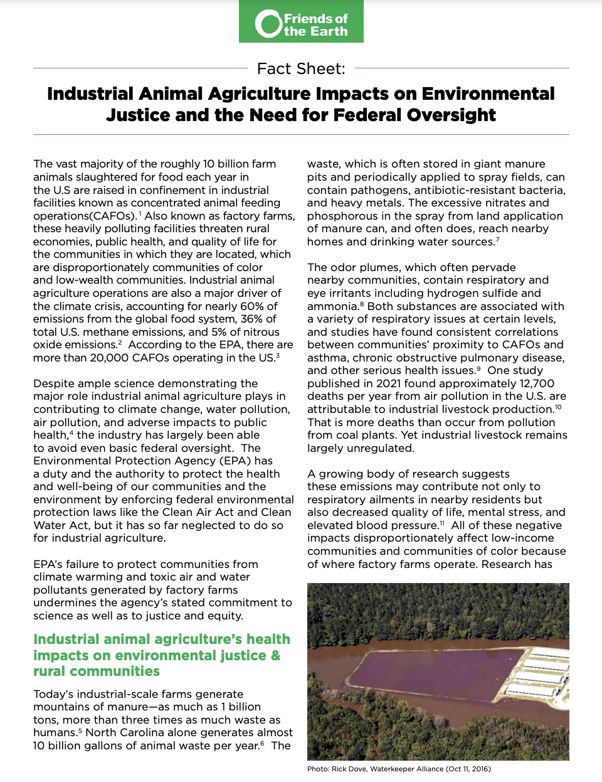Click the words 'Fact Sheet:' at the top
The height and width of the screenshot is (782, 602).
coord(301,68)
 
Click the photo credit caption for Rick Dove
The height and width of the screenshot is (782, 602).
coord(399,769)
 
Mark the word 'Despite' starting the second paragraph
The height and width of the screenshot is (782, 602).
coord(54,383)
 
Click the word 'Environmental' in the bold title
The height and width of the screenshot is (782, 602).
coord(488,94)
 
